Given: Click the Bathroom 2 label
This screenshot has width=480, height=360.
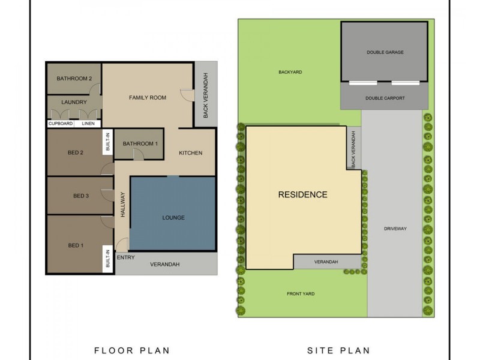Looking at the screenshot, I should tap(74, 79).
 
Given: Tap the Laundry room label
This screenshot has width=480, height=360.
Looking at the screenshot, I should tap(74, 103).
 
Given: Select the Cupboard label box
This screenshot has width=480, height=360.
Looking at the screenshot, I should tap(61, 124).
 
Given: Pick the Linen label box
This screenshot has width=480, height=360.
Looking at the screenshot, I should tap(88, 124).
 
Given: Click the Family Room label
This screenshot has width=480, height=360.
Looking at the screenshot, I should tap(148, 97).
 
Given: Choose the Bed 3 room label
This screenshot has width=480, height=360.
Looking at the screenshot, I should tap(81, 196).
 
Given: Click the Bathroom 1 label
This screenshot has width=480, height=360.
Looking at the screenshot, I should tap(140, 143).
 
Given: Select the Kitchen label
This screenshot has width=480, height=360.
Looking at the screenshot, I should tap(191, 153).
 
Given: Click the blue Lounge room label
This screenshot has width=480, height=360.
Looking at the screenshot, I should tap(173, 217).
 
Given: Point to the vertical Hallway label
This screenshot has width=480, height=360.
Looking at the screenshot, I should tap(122, 204).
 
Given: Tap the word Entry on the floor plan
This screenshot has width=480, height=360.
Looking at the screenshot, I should tap(125, 258).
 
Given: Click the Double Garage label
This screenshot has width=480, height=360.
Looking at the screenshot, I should tap(385, 52).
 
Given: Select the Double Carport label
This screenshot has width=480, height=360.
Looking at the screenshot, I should tap(385, 98).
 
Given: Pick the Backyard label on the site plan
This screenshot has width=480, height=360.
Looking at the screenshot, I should tap(290, 72).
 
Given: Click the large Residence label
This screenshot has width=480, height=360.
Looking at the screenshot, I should tap(302, 194).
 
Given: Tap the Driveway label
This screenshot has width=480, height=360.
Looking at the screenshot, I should tap(395, 229).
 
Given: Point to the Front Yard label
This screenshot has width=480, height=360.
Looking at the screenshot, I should tap(301, 293).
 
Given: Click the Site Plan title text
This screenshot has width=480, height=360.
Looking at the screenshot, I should tap(338, 350).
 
